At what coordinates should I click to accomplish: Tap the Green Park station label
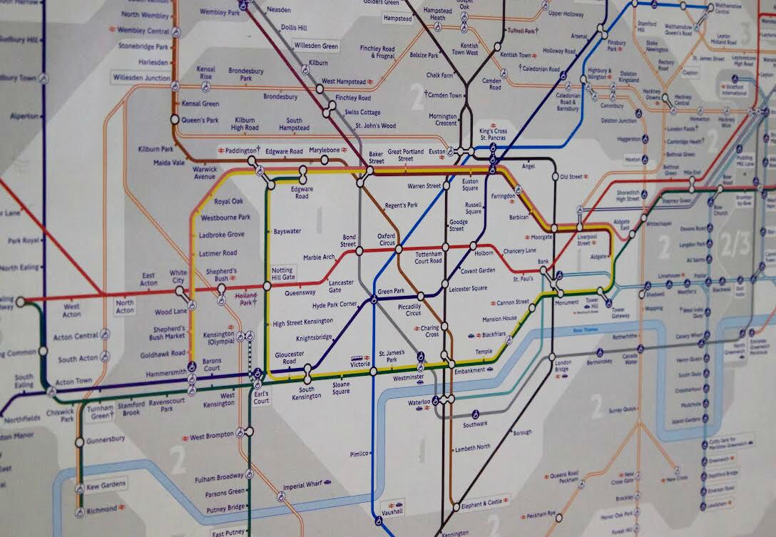pos(390,291)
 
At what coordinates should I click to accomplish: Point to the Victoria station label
pos(359,364)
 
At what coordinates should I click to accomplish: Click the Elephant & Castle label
pos(486,503)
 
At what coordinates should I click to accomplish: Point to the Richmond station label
pos(101,511)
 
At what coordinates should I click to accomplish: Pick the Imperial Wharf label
pos(302,486)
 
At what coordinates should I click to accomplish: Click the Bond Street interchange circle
pos(359,251)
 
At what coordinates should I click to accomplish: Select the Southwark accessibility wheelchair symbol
pos(475,413)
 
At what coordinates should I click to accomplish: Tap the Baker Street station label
pos(377,157)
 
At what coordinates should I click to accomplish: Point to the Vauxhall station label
pos(392,511)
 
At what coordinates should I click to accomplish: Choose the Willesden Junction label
pos(141,77)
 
